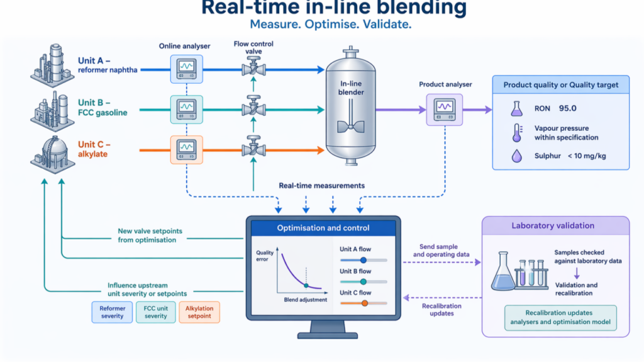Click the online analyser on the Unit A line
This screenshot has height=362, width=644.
186,69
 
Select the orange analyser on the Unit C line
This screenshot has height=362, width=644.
186,150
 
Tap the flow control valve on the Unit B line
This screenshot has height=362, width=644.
253,106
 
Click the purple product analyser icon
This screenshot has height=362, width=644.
445,110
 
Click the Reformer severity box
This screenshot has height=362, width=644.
112,312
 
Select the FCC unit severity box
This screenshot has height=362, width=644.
156,312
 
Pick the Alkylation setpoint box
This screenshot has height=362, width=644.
199,312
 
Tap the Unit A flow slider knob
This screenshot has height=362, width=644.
364,260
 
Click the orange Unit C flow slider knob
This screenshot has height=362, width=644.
364,303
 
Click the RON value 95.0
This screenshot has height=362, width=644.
568,108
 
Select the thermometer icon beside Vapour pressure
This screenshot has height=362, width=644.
517,133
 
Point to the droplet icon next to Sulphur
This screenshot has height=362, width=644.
517,156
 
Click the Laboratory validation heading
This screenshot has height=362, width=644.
553,225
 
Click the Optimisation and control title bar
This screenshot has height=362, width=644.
323,228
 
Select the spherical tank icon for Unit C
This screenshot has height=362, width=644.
53,155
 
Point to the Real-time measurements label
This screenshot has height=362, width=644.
321,186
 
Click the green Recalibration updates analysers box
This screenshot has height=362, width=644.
560,317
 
